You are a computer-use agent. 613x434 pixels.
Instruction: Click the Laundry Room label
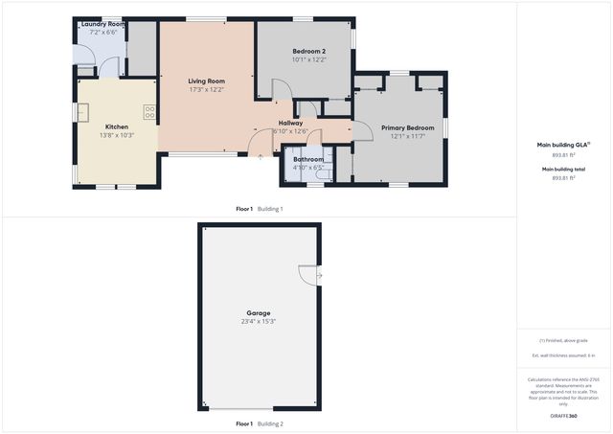102,23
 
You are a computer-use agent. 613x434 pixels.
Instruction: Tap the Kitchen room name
117,126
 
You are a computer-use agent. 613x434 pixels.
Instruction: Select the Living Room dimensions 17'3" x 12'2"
206,90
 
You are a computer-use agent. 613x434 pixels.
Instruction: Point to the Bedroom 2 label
309,51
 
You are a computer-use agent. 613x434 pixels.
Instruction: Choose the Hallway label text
290,123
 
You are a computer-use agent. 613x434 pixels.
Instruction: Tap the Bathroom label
308,159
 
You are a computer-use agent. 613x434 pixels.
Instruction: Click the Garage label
258,313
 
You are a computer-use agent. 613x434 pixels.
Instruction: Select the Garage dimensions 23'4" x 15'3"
258,322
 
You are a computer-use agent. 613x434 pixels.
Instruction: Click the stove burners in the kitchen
149,112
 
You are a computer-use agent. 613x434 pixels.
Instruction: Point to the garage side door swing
310,275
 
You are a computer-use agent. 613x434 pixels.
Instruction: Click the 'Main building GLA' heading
563,145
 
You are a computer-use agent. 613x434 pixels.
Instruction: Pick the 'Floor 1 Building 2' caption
260,423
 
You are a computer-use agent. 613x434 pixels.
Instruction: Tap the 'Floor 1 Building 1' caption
260,208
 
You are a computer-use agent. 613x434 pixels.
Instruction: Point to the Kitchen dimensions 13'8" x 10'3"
117,135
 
